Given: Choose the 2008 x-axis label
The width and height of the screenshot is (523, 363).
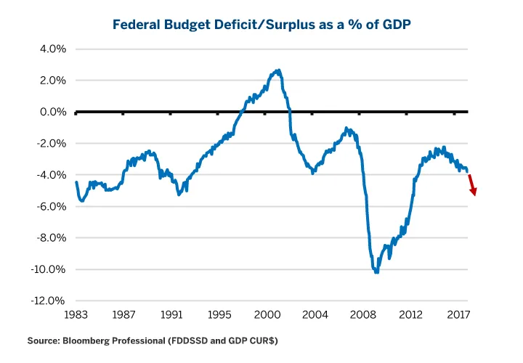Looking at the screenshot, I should point(361,316).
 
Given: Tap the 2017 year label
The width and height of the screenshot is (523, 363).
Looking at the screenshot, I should point(457,316).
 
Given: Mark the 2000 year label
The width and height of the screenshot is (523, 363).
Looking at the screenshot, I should point(266,316).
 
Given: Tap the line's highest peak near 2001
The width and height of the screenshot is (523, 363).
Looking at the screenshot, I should point(278,70).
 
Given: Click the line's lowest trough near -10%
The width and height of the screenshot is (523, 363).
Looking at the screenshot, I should point(376,272).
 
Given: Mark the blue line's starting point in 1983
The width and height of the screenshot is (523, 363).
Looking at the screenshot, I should point(76,182).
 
